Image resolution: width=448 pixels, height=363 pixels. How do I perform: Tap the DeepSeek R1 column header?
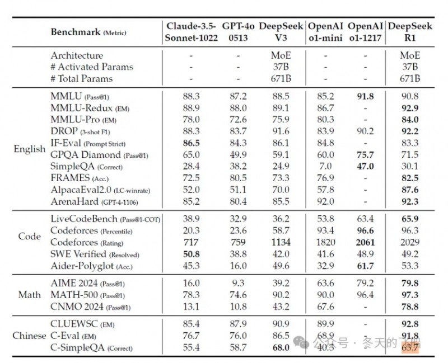point(409,32)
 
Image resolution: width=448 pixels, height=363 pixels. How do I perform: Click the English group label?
point(29,149)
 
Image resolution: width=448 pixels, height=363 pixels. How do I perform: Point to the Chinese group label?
point(29,336)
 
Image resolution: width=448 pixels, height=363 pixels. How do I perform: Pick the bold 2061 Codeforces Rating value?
point(365,242)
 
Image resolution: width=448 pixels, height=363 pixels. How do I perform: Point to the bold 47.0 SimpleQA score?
point(365,166)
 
